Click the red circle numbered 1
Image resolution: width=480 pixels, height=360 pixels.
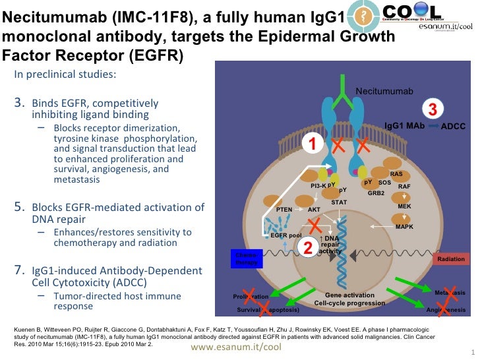(x=313, y=143)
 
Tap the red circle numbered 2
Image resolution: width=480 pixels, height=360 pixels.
(x=307, y=247)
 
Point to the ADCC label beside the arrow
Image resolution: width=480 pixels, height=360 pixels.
(x=452, y=125)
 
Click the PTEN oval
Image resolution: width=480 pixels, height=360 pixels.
(x=284, y=209)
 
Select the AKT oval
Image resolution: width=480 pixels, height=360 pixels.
(x=315, y=209)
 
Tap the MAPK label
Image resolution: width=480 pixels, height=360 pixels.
(x=404, y=227)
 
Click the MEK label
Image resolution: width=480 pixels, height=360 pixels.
(x=404, y=206)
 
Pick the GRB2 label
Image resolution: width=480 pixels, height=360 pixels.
(x=376, y=193)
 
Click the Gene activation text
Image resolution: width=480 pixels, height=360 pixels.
(x=349, y=295)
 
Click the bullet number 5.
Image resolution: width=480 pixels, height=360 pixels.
(x=18, y=207)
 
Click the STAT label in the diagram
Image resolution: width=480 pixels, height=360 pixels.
(x=339, y=202)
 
